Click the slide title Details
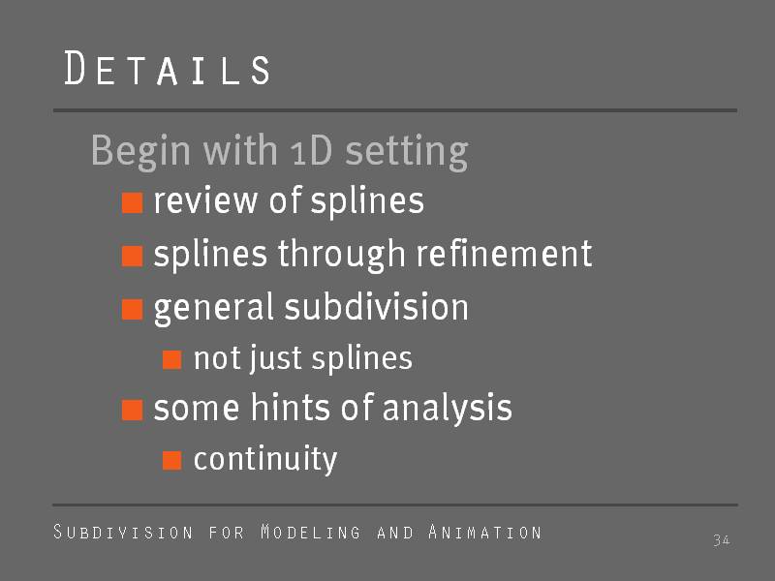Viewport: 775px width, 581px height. point(168,68)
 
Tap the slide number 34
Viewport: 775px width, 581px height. point(722,540)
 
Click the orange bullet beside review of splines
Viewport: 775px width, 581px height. point(133,203)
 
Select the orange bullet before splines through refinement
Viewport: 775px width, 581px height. point(133,256)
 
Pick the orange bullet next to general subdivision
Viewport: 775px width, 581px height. point(133,309)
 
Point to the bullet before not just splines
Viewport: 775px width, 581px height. point(172,359)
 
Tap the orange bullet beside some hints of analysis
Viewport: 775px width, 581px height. point(133,410)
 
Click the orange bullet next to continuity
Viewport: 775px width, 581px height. point(172,461)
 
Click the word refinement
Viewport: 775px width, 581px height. point(504,254)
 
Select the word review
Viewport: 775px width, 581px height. point(205,201)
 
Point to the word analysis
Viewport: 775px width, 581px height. point(448,409)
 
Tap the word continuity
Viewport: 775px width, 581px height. point(265,459)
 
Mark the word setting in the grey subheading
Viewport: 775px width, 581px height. point(406,153)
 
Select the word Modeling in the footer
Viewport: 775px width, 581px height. point(311,532)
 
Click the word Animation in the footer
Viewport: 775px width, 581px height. point(485,532)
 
